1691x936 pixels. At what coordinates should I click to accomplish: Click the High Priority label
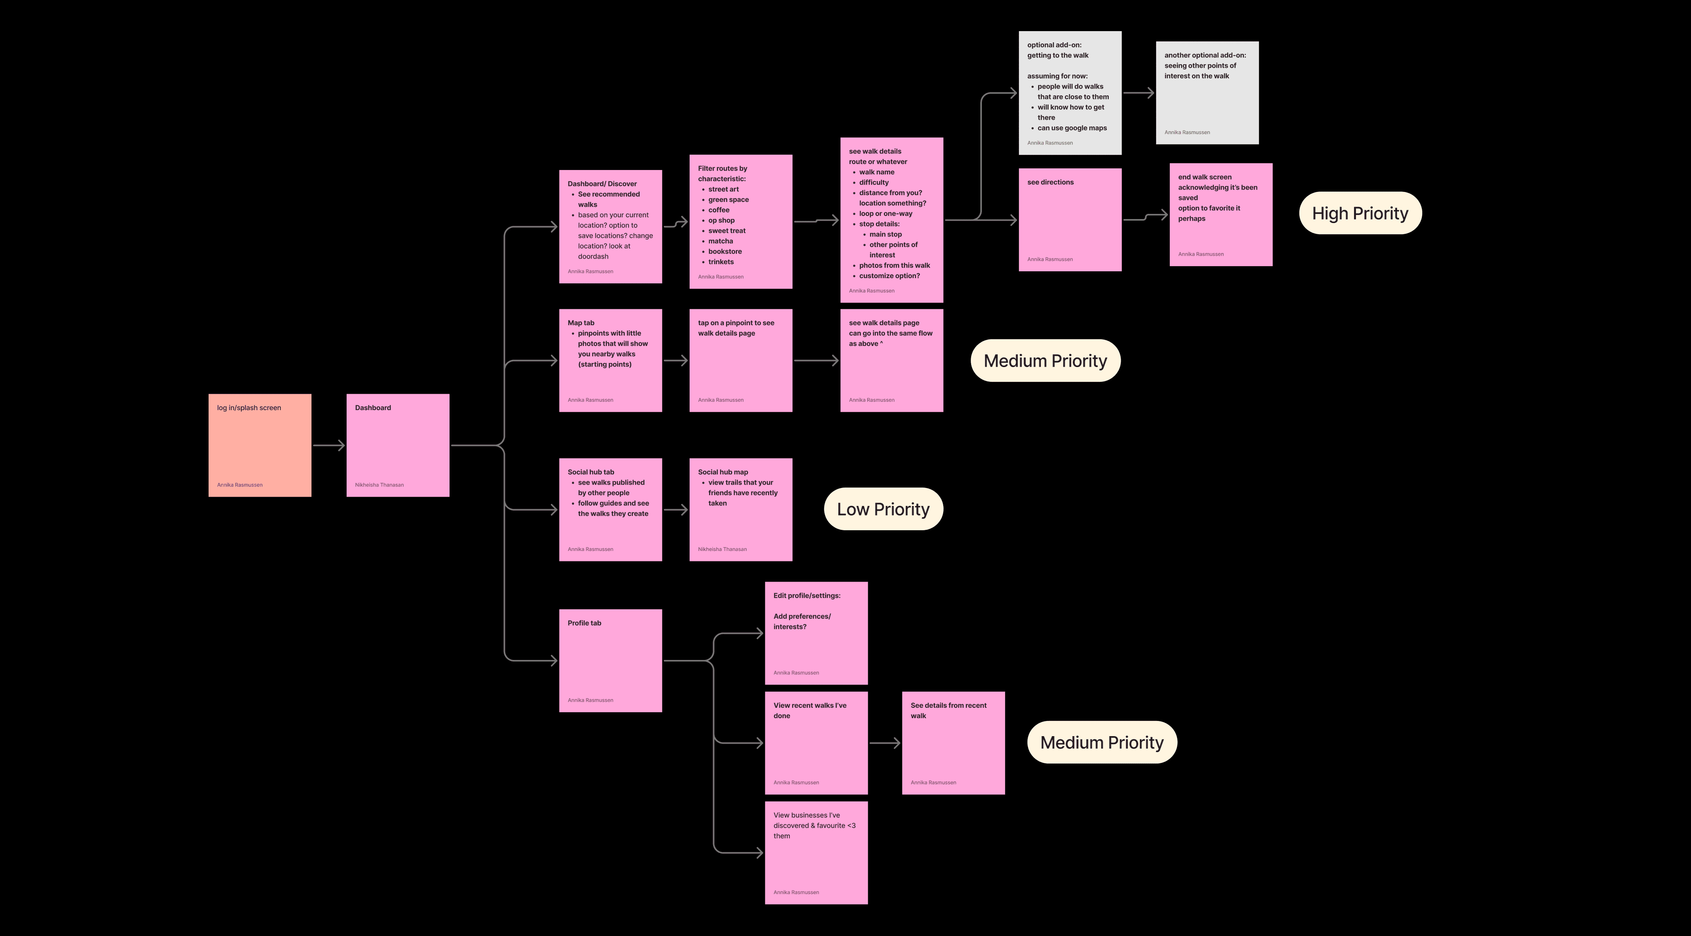[x=1360, y=213]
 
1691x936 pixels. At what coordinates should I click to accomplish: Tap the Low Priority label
[x=883, y=509]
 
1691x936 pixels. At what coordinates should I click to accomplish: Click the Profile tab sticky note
[x=610, y=661]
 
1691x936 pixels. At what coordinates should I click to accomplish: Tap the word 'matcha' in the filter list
[x=720, y=241]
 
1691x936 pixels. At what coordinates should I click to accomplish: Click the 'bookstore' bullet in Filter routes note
[x=725, y=252]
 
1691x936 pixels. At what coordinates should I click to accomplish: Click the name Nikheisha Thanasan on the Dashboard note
[x=379, y=485]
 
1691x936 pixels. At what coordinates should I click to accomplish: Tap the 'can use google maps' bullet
[x=1072, y=128]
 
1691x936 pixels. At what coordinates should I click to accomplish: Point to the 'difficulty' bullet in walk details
[x=874, y=183]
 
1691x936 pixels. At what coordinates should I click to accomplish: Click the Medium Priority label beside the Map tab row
[x=1045, y=361]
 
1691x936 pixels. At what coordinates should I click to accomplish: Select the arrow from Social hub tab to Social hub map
[x=676, y=510]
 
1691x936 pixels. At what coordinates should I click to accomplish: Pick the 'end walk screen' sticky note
[x=1220, y=215]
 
